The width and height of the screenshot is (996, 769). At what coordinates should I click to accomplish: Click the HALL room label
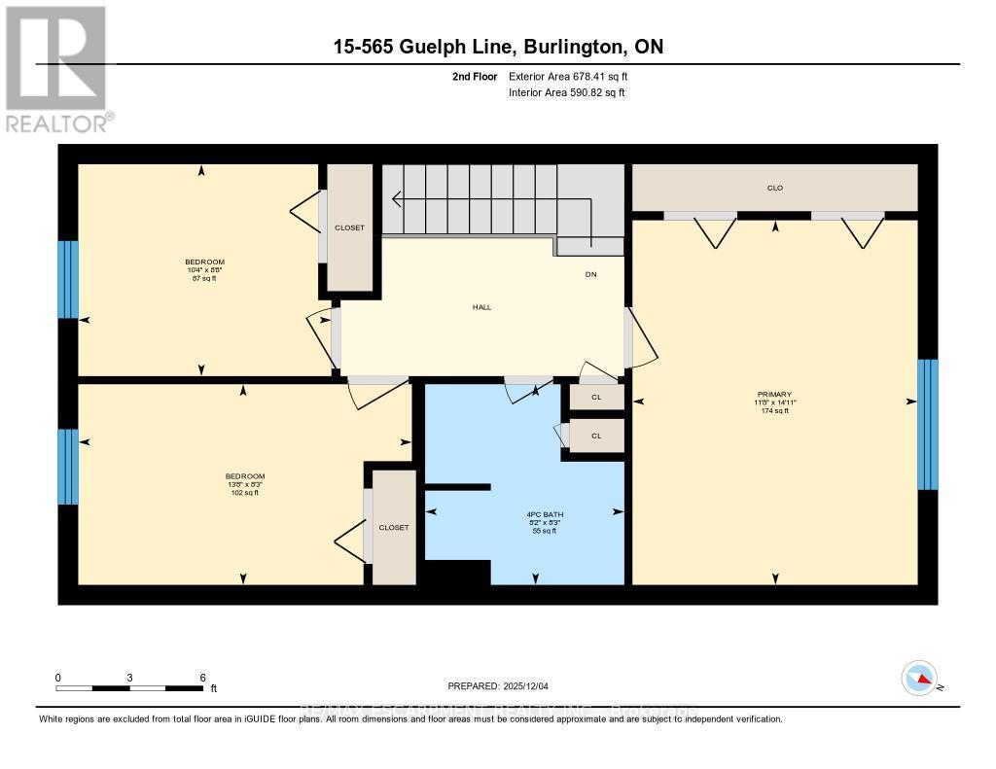click(481, 307)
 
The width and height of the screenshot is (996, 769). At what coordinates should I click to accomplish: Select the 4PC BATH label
click(538, 514)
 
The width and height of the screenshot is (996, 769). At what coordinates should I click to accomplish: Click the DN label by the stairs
click(590, 274)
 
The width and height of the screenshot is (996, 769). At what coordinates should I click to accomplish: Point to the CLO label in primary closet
click(774, 188)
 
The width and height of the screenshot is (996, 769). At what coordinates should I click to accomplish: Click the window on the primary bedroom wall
click(928, 424)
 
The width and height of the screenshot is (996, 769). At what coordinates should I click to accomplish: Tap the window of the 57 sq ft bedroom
click(67, 279)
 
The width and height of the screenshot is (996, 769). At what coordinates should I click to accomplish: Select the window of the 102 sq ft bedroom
click(67, 467)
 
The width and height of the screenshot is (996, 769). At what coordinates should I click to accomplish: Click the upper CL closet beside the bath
click(596, 397)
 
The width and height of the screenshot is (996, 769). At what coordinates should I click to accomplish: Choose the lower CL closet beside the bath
click(596, 436)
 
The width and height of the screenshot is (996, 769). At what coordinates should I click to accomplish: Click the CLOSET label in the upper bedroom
click(349, 227)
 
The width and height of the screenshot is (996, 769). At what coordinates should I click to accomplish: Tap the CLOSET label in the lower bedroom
click(394, 527)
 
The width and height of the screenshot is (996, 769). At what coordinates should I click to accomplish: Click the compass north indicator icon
click(919, 678)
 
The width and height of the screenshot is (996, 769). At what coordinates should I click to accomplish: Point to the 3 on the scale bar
click(129, 677)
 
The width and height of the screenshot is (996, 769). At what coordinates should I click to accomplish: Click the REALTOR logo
click(58, 68)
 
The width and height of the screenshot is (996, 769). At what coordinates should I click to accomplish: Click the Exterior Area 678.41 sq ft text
click(575, 76)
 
